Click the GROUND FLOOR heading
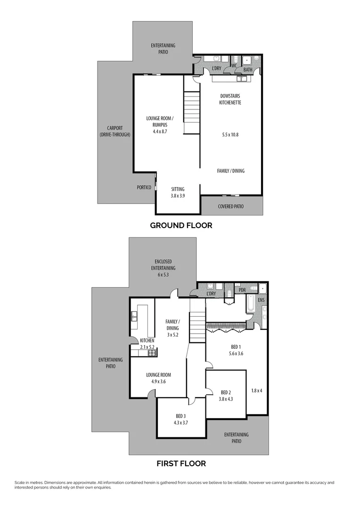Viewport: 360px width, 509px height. [181, 225]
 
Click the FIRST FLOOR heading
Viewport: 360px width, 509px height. [181, 463]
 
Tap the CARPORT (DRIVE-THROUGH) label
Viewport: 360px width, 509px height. [115, 131]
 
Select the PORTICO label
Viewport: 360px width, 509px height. [144, 187]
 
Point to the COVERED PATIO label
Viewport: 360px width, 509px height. [231, 206]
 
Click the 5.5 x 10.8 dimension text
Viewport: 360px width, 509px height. [231, 135]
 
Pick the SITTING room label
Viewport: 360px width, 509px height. [178, 189]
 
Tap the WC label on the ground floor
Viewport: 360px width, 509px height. [234, 66]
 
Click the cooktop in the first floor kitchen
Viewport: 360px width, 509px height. [152, 352]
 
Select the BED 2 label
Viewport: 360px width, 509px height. [226, 392]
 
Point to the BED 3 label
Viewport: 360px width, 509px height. [181, 416]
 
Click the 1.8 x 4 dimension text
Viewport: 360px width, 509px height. [257, 390]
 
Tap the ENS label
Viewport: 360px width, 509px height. [262, 300]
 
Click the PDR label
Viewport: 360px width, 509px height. [242, 290]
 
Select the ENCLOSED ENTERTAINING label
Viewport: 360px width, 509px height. [163, 265]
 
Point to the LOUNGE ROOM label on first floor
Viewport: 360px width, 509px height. [157, 375]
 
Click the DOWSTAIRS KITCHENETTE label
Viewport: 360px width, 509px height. [230, 99]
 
